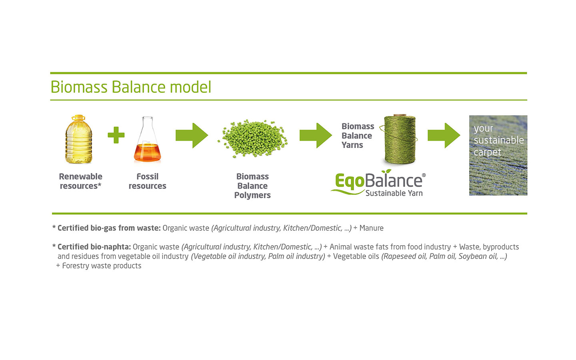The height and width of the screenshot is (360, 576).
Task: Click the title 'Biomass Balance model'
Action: [131, 87]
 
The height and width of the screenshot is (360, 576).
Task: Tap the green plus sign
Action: [116, 135]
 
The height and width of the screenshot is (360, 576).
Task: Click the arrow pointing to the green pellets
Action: [192, 136]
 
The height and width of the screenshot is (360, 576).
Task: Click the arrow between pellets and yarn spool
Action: [316, 136]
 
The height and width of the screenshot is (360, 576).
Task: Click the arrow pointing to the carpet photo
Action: [444, 136]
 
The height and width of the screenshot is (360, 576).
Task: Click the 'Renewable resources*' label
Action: [80, 181]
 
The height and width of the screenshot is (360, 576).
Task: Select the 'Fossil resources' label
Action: [147, 181]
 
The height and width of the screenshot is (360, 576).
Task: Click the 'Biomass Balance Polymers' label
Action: [252, 186]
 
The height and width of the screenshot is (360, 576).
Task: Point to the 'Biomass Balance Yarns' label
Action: [357, 136]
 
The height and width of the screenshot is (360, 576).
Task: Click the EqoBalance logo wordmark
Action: [378, 181]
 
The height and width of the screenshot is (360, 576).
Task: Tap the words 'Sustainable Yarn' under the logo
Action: [394, 193]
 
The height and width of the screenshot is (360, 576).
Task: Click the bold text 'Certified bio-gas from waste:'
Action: [109, 228]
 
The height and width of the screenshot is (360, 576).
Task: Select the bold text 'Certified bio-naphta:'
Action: [94, 247]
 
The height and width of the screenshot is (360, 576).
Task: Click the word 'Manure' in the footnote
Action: [371, 228]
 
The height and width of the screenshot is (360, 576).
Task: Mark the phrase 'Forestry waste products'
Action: [102, 266]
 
